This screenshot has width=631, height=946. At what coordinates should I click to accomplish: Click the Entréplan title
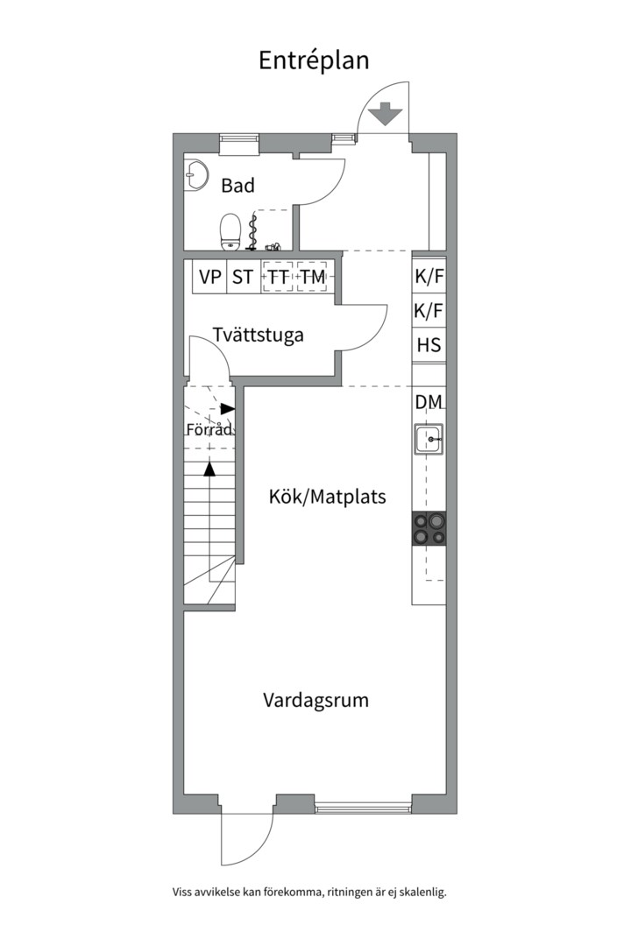[x=314, y=61]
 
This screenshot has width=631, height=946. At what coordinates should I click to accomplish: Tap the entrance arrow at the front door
[x=385, y=115]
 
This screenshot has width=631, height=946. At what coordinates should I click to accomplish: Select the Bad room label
[x=238, y=185]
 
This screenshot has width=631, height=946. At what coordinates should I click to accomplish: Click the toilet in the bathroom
[x=230, y=232]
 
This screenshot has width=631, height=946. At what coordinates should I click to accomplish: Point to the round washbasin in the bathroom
[x=195, y=175]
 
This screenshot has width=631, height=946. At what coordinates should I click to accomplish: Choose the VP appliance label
[x=210, y=277]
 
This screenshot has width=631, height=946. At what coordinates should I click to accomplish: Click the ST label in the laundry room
[x=243, y=277]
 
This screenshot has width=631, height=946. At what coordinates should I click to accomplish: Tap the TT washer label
[x=279, y=277]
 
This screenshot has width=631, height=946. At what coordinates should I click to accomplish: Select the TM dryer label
[x=313, y=277]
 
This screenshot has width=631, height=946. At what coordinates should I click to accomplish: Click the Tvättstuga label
[x=258, y=335]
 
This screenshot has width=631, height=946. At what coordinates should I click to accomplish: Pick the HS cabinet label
[x=429, y=345]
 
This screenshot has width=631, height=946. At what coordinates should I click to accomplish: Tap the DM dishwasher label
[x=429, y=402]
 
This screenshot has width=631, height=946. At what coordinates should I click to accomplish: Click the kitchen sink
[x=429, y=439]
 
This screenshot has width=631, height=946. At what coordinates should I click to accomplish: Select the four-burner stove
[x=429, y=529]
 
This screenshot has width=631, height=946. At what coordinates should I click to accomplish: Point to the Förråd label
[x=209, y=429]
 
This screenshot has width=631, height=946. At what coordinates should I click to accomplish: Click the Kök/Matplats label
[x=327, y=497]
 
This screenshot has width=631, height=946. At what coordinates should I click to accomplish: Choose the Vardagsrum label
[x=315, y=701]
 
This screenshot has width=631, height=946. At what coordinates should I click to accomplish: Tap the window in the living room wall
[x=363, y=808]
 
